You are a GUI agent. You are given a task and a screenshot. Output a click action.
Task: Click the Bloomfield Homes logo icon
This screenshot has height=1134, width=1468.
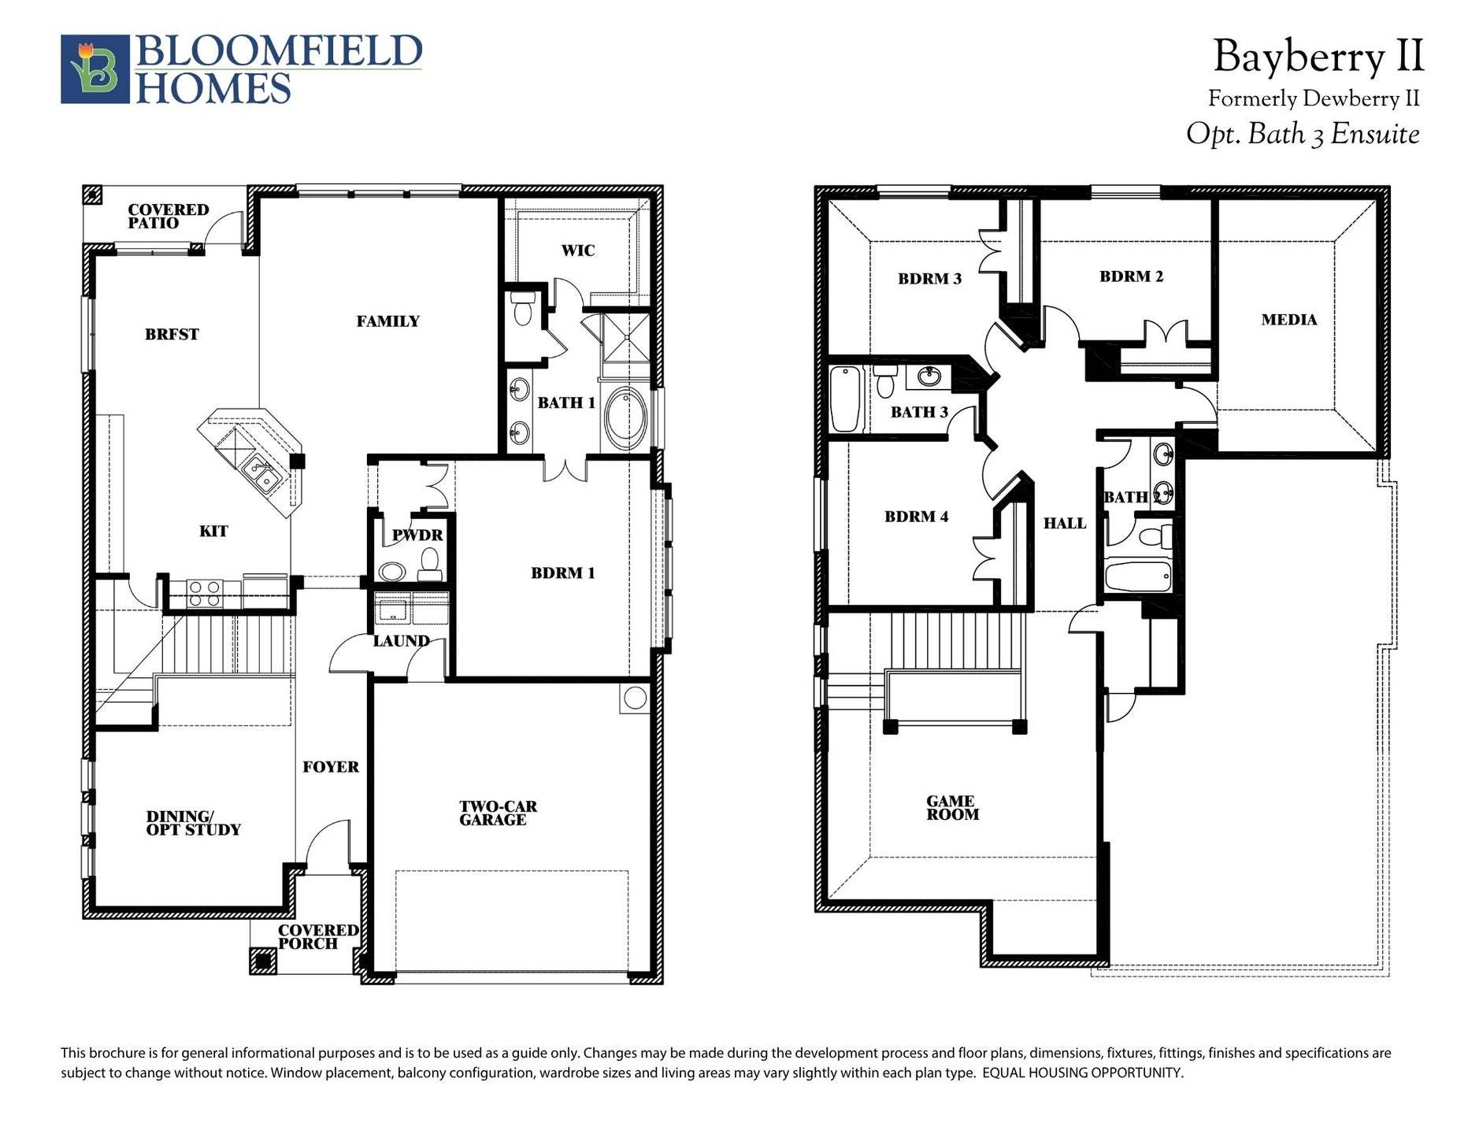tap(95, 69)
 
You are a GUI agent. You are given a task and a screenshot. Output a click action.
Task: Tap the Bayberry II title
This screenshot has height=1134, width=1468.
tap(1318, 57)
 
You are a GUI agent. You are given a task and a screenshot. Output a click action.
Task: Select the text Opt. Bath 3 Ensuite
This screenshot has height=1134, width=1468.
tap(1303, 134)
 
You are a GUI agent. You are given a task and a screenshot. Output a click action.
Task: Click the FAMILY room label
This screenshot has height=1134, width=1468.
tap(387, 321)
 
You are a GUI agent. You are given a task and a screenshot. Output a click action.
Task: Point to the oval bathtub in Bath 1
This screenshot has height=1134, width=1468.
tap(626, 417)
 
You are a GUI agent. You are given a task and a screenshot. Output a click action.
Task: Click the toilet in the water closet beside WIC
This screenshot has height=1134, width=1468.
tap(522, 309)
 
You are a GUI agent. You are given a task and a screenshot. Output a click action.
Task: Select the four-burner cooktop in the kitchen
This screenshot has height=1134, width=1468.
tap(204, 593)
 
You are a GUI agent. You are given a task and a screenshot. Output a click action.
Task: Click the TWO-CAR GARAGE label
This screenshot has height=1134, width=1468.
tap(497, 813)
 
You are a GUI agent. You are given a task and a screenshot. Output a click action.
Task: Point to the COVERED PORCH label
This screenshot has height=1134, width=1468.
tap(317, 936)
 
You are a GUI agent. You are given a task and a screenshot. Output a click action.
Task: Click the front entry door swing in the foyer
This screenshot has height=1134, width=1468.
tap(327, 847)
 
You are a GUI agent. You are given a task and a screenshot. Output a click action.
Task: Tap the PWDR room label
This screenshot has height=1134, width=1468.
tap(417, 535)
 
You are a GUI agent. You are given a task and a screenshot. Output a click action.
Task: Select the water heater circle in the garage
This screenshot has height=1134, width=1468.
tap(634, 698)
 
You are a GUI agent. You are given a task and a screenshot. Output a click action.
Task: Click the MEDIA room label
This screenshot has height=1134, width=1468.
tap(1288, 320)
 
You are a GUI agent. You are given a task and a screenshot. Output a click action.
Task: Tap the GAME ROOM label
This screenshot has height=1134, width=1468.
tap(951, 808)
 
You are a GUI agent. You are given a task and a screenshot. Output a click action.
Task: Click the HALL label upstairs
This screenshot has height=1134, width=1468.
tap(1064, 524)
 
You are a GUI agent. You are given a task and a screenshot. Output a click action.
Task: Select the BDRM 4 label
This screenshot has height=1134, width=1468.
tap(916, 517)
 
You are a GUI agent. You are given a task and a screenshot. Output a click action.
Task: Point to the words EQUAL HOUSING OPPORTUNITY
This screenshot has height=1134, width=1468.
tap(1082, 1073)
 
